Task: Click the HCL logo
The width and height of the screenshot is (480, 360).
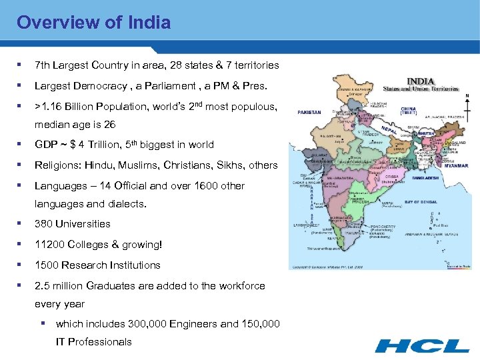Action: click(422, 345)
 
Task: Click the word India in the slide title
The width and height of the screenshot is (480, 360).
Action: click(151, 23)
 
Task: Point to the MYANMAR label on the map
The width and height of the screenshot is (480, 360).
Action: click(455, 166)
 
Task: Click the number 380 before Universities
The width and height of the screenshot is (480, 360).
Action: click(43, 224)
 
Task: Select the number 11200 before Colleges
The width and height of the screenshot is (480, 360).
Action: click(49, 245)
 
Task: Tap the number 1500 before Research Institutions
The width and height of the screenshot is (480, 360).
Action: click(46, 265)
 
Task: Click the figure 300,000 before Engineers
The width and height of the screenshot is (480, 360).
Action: click(145, 324)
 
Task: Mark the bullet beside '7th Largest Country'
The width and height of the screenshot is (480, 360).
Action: click(20, 65)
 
